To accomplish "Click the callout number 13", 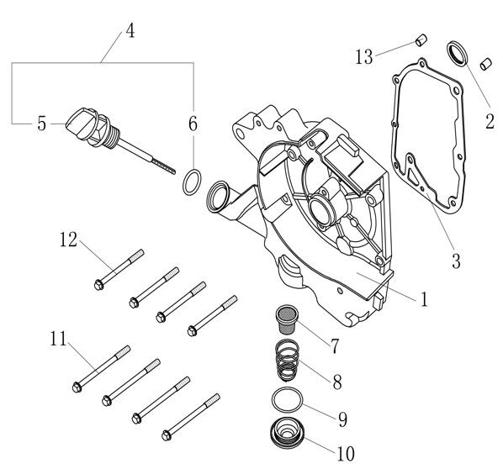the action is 364,57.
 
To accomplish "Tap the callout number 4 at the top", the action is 130,31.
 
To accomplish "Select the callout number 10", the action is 346,454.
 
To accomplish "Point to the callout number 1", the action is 424,299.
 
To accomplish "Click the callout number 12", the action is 69,240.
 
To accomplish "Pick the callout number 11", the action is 58,339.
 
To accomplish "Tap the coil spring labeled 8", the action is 287,361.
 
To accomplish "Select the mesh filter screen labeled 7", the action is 288,319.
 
